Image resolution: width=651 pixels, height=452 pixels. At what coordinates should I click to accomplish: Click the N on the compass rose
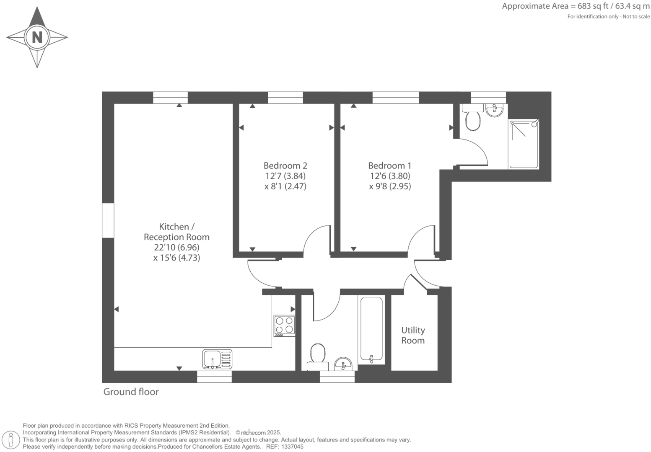click(37, 37)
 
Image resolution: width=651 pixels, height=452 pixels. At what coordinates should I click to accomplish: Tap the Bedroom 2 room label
click(285, 165)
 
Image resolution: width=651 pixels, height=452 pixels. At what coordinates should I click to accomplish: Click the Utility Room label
click(413, 336)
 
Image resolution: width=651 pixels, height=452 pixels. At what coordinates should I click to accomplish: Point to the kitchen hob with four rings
click(284, 326)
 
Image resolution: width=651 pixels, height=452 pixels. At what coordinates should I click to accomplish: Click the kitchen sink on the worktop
click(217, 359)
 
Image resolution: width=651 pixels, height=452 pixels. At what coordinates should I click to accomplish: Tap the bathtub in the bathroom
click(371, 329)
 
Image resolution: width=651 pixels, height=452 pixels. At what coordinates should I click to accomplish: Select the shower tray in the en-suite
click(524, 144)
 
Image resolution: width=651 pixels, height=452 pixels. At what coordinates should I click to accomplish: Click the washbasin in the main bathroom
click(344, 364)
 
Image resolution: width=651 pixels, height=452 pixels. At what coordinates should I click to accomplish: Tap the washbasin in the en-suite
click(494, 110)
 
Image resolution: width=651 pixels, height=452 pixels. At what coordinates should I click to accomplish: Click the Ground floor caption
click(131, 392)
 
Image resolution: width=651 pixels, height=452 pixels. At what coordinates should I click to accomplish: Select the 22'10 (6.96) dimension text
click(176, 247)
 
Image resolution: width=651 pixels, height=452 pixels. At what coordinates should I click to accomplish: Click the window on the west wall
click(108, 221)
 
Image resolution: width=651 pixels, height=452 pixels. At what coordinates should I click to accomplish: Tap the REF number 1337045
click(293, 447)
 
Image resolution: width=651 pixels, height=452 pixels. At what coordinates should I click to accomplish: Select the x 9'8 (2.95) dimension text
click(390, 186)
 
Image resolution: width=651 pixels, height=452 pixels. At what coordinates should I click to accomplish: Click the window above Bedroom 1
click(396, 98)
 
